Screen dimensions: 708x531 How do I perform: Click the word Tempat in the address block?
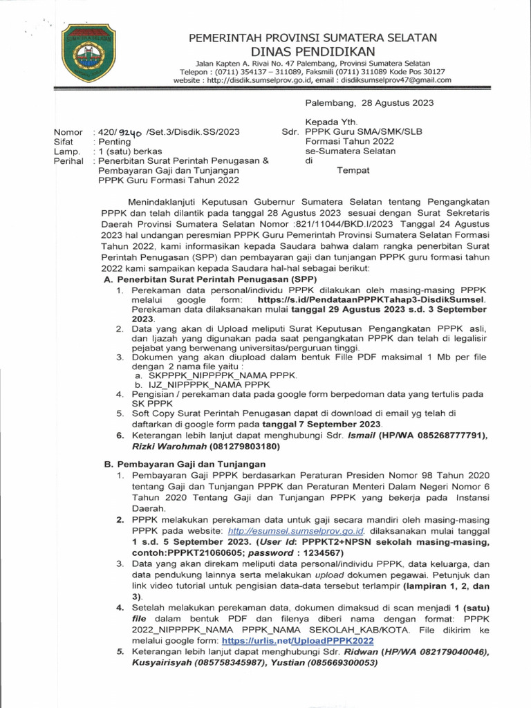[353, 170]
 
